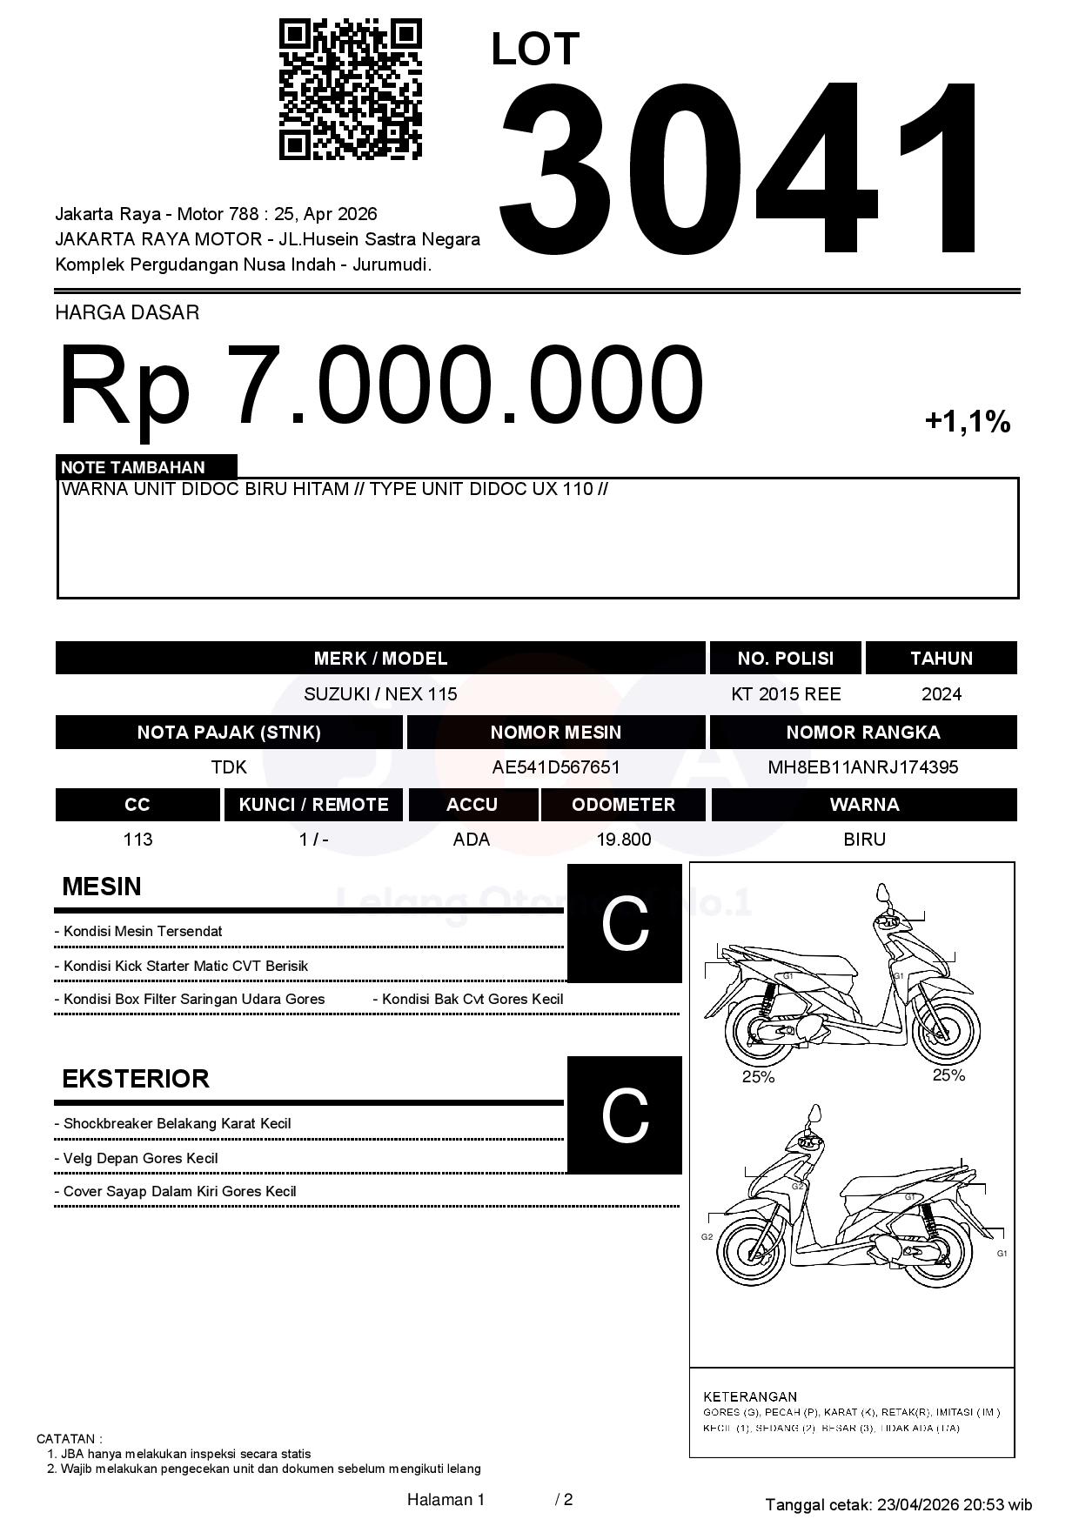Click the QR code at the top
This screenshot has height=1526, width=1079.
(x=350, y=90)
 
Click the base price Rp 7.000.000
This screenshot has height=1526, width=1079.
(x=380, y=384)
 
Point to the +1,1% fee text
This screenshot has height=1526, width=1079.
(x=967, y=422)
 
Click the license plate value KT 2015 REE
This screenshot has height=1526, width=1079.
(x=786, y=694)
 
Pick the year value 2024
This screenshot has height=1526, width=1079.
(x=942, y=694)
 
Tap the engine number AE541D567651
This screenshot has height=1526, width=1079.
(x=556, y=767)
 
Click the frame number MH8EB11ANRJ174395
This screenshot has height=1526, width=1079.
(x=862, y=767)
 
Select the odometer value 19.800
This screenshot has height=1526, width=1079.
(x=623, y=840)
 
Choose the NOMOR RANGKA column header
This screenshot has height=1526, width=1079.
(x=862, y=733)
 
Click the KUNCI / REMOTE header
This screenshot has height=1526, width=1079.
(x=313, y=805)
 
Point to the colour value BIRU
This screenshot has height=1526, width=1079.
(x=864, y=840)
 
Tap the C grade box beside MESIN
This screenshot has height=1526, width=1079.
(x=625, y=924)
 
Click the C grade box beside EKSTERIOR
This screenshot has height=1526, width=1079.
(x=625, y=1115)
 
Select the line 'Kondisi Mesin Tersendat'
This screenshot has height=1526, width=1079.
(x=143, y=932)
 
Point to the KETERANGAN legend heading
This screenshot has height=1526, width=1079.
(x=749, y=1396)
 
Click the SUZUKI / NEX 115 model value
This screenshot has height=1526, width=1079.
(x=380, y=694)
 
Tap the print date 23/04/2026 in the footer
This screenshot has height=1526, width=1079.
(x=917, y=1504)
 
